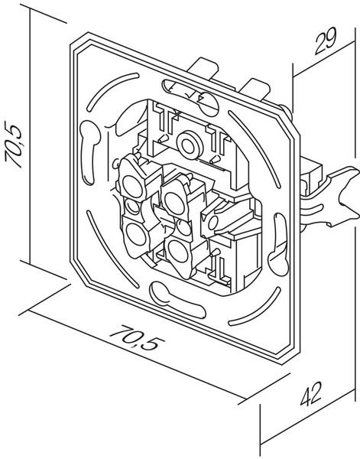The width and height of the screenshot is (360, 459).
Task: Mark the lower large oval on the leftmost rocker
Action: click(x=136, y=233)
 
